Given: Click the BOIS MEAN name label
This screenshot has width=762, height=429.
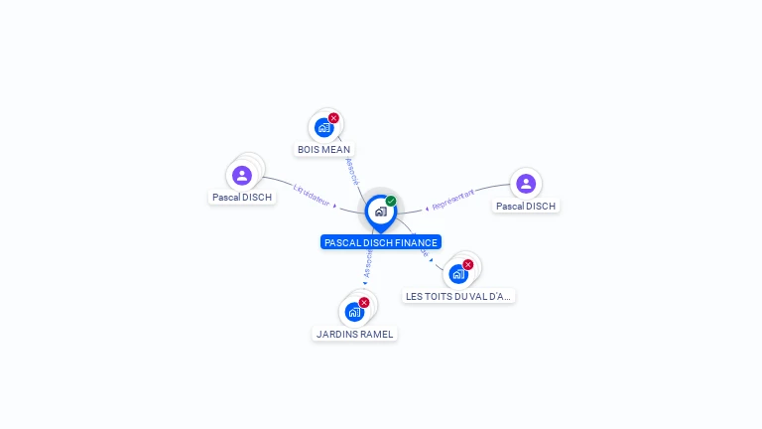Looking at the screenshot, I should [x=324, y=150].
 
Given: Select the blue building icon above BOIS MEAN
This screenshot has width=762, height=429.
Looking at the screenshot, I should [x=323, y=127].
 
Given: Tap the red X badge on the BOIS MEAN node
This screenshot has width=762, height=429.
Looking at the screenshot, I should [x=333, y=118].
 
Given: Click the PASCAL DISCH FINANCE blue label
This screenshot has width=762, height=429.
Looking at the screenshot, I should [x=380, y=242].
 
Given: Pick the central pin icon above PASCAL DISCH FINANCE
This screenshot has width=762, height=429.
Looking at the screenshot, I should [x=380, y=212].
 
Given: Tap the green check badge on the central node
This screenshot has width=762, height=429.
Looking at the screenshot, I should [x=391, y=202].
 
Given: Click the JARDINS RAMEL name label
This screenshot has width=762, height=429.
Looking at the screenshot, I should [x=355, y=335].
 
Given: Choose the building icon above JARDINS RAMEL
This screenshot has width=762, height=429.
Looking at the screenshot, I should [x=354, y=312].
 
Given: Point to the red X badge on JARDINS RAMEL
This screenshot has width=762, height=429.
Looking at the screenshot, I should [x=364, y=302].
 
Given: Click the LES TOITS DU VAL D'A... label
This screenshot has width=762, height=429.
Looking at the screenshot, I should [x=459, y=296].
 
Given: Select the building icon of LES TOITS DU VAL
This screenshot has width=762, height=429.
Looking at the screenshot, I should [x=457, y=274].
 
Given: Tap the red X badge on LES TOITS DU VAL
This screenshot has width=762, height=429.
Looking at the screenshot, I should [x=468, y=265].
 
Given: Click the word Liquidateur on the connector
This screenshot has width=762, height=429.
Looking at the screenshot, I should [x=312, y=193].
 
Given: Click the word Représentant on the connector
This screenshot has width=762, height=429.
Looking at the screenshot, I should [x=453, y=199].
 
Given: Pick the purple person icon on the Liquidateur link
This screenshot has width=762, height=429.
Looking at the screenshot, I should [x=242, y=176].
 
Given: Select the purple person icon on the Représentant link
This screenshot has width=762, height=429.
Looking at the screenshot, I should [x=526, y=184].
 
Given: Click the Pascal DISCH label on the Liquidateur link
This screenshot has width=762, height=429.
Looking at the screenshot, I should [x=242, y=198].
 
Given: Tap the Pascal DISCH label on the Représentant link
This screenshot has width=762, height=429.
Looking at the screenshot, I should [x=526, y=207].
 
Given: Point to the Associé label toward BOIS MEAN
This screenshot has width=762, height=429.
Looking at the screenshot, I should [x=351, y=170].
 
